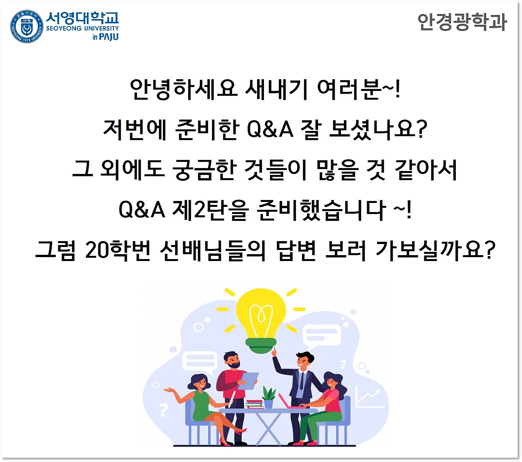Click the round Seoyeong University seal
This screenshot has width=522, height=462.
[26, 26]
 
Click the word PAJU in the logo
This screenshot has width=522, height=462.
[109, 37]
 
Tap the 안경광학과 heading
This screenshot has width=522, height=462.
[462, 22]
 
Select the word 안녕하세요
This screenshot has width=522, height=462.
[183, 89]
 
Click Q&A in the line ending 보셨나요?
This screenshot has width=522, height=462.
[270, 129]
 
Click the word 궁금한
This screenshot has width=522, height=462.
[204, 170]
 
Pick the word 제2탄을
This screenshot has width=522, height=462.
[210, 210]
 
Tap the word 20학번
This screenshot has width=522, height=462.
[118, 250]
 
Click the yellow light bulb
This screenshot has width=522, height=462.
[261, 316]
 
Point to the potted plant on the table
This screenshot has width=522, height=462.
[269, 397]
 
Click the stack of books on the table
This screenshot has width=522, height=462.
[254, 404]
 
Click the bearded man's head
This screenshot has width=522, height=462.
[232, 360]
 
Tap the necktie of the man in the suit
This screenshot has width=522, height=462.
[301, 380]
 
